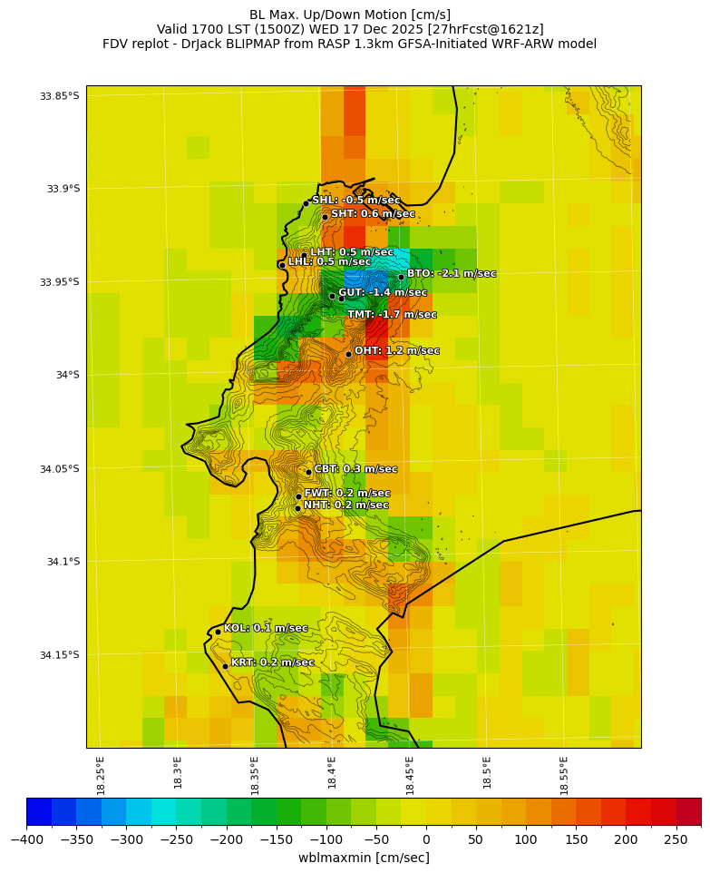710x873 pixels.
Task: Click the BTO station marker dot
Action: (401, 277)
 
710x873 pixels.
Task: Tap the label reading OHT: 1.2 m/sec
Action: (396, 351)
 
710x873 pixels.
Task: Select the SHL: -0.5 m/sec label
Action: (355, 201)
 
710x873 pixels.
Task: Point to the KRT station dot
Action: (225, 666)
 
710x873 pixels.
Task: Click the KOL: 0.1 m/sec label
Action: (266, 628)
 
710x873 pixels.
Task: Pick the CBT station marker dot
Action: (308, 472)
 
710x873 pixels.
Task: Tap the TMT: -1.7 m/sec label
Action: (392, 315)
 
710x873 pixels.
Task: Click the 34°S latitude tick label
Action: (63, 375)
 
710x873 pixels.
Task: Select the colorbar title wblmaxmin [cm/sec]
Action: (364, 858)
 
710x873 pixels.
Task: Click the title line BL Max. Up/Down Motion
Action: (350, 15)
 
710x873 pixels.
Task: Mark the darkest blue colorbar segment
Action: (39, 810)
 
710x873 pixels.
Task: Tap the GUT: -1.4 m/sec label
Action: (382, 293)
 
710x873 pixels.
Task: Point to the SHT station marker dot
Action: (325, 217)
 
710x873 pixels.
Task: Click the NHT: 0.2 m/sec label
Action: (345, 505)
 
